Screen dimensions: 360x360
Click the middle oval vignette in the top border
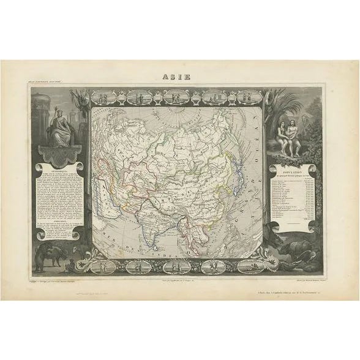click(x=177, y=97)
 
